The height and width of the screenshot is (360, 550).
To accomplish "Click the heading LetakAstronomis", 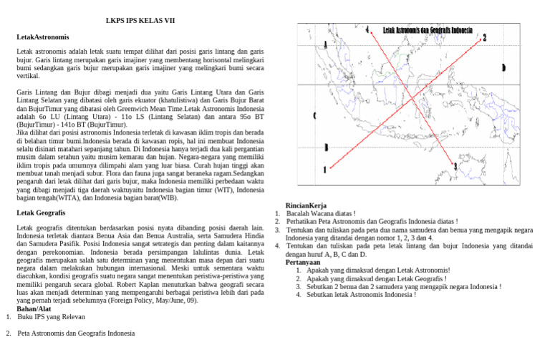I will pos(42,36).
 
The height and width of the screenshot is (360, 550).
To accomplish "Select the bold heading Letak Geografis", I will pos(41,213).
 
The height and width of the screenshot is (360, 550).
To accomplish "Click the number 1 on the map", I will pos(324,170).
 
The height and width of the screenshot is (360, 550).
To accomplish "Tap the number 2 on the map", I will pos(485,37).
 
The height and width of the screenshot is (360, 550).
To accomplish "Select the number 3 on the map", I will pos(455,166).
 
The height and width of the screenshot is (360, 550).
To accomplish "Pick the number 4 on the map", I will pos(367,30).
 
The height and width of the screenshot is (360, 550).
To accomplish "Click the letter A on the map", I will pos(327,45).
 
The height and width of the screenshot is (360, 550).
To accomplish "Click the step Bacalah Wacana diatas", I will pos(321,214).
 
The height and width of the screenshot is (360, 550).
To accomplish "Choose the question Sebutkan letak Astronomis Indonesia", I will pos(360,294).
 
